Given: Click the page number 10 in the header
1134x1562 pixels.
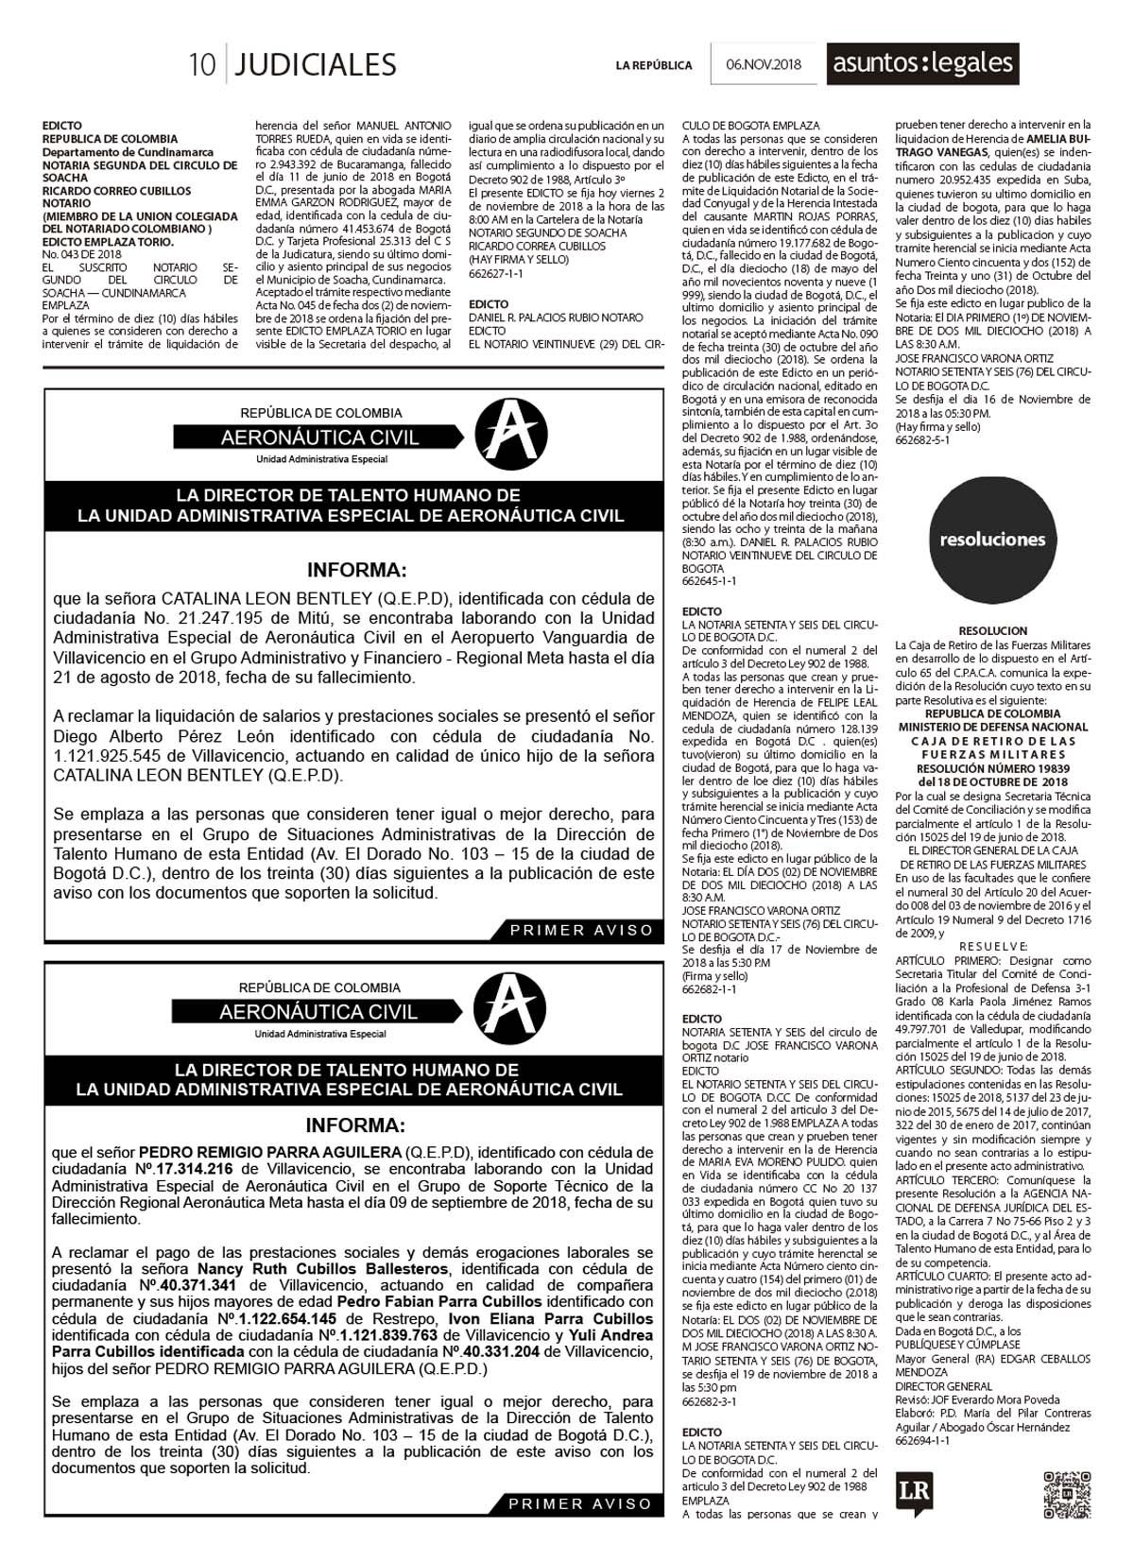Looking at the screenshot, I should pyautogui.click(x=202, y=64).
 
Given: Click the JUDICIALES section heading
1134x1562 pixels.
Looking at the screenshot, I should pyautogui.click(x=315, y=64).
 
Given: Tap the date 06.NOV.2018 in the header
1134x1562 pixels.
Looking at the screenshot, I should pyautogui.click(x=764, y=64).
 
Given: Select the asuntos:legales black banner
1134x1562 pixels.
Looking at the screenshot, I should pyautogui.click(x=922, y=64).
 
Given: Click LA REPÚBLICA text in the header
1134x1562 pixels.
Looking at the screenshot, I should pyautogui.click(x=654, y=65).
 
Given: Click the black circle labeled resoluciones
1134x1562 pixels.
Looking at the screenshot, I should pyautogui.click(x=992, y=540).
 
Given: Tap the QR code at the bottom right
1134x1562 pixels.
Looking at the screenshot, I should pyautogui.click(x=1067, y=1495).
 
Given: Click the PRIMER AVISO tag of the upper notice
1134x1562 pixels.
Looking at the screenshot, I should pyautogui.click(x=581, y=930).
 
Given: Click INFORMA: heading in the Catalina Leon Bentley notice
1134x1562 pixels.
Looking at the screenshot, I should pyautogui.click(x=356, y=571).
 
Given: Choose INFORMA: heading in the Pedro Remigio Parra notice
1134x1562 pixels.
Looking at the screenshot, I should pyautogui.click(x=354, y=1126).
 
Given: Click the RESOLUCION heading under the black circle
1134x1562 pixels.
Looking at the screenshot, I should pyautogui.click(x=992, y=630).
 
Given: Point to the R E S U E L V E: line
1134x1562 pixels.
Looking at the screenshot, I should pyautogui.click(x=992, y=946).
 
